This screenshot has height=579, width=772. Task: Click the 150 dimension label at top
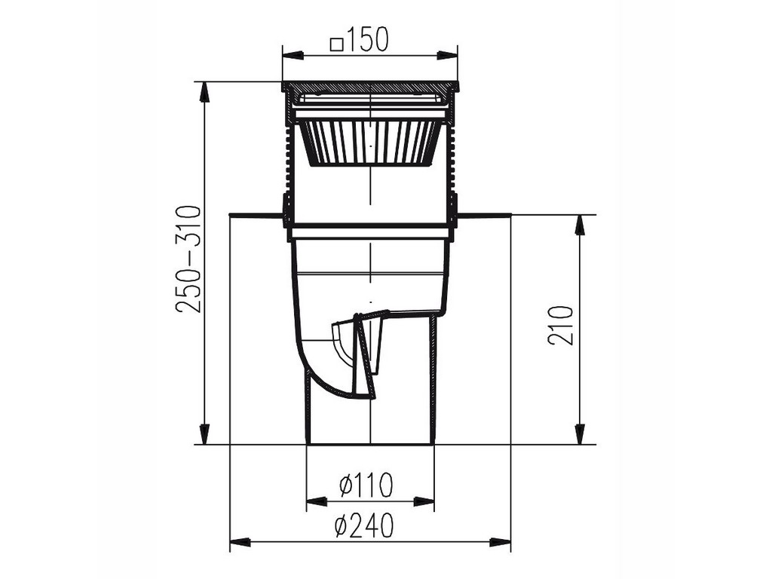click(x=368, y=39)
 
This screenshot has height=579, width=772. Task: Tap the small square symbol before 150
click(x=337, y=44)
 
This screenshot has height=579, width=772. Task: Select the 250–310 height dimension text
click(x=188, y=259)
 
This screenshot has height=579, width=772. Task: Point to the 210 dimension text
click(x=561, y=326)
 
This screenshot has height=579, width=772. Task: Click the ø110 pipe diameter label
click(x=366, y=485)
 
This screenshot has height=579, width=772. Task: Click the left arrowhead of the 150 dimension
click(x=293, y=54)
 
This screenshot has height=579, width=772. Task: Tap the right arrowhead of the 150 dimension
click(x=447, y=54)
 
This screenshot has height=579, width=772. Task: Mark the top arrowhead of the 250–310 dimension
click(x=205, y=92)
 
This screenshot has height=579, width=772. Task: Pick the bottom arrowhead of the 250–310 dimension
click(x=205, y=433)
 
